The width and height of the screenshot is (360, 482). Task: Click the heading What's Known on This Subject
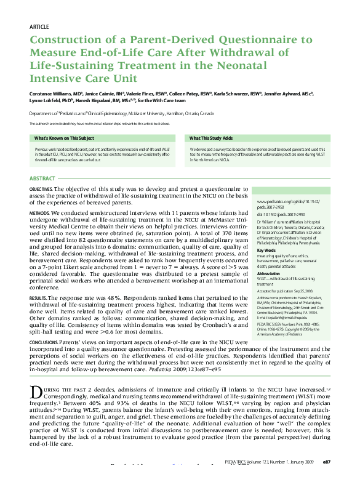pos(64,138)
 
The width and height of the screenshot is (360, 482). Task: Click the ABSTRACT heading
pos(43,178)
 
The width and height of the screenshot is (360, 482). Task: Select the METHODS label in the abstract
pos(39,212)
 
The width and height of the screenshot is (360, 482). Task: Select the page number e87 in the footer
pos(326,461)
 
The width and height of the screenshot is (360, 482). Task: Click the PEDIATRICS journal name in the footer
pos(237,461)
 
